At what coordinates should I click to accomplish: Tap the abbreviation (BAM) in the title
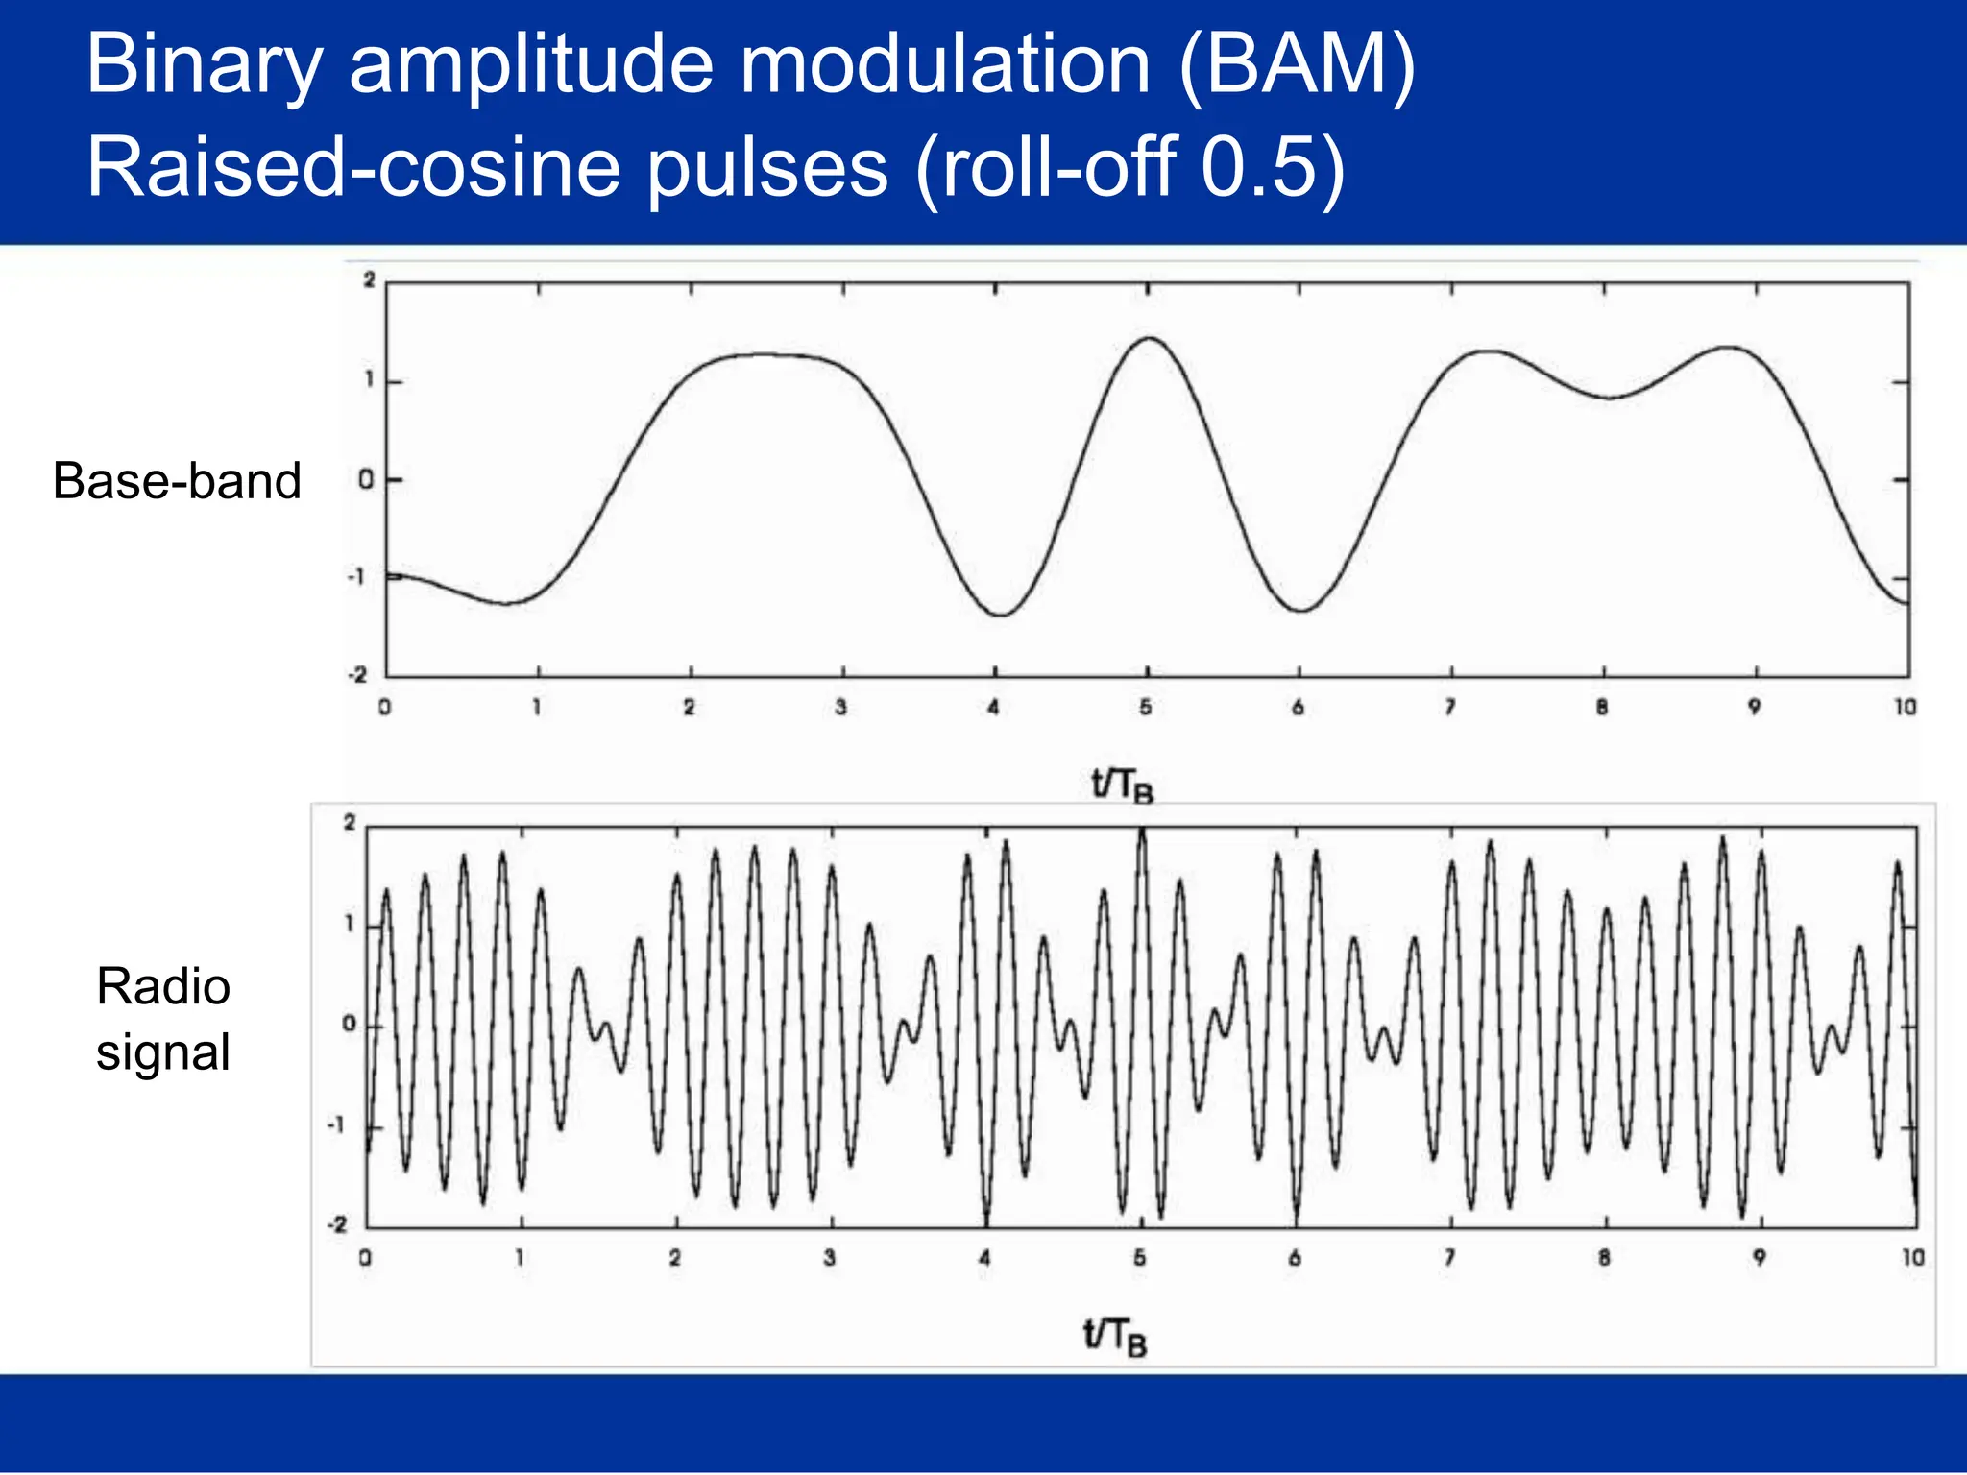coord(1296,65)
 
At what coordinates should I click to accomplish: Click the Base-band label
coord(177,480)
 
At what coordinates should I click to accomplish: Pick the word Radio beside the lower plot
coord(163,986)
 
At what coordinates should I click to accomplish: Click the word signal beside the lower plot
coord(163,1052)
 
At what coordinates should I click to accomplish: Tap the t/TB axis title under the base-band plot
coord(1122,786)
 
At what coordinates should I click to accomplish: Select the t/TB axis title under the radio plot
coord(1114,1336)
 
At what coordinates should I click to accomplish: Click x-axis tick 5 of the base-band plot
coord(1146,708)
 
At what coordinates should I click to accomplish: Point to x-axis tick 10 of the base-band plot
coord(1905,708)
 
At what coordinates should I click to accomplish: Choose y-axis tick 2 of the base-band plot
coord(369,280)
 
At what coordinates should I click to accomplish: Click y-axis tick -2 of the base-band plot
coord(357,675)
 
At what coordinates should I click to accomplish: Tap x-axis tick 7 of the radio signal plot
coord(1449,1257)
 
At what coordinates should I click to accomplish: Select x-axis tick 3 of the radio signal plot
coord(830,1257)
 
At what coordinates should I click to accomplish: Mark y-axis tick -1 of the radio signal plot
coord(335,1124)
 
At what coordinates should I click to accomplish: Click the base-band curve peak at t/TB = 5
coord(1150,338)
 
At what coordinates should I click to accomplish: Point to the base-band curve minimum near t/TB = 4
coord(1001,615)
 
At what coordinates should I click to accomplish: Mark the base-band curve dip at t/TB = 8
coord(1611,398)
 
